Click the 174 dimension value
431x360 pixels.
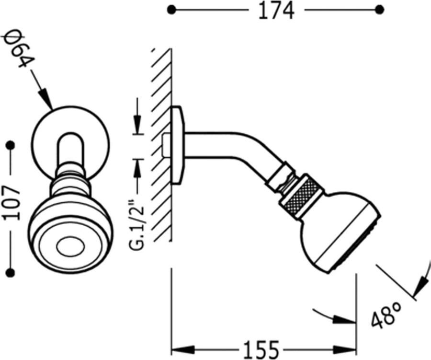coord(276,11)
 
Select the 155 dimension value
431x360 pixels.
coord(261,350)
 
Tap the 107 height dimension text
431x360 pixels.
coord(12,203)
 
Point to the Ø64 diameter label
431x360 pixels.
coord(17,48)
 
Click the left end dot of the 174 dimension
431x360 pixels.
coord(171,10)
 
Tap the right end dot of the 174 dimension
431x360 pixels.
coord(380,10)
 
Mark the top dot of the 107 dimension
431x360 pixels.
coord(11,145)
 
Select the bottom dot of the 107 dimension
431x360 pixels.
coord(11,273)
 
